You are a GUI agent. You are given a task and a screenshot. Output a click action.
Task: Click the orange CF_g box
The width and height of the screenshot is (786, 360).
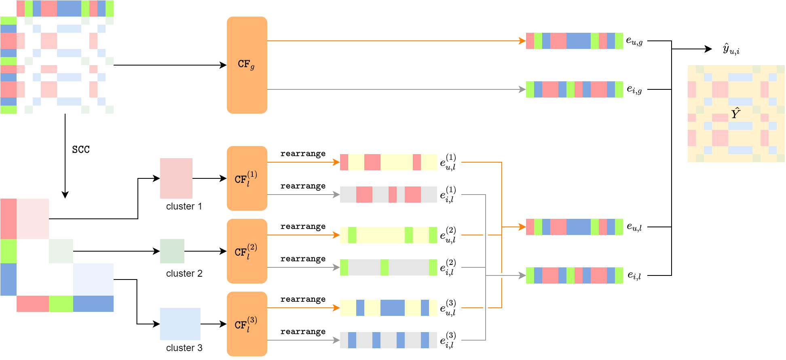tap(247, 65)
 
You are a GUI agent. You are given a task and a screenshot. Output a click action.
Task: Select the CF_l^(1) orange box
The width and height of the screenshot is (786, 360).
tap(247, 178)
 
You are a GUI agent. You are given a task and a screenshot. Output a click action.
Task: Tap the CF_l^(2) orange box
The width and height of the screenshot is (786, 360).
tap(247, 251)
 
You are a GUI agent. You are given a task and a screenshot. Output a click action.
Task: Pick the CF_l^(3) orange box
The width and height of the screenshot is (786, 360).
tap(247, 324)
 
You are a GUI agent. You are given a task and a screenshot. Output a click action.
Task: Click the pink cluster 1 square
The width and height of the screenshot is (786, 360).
tap(176, 178)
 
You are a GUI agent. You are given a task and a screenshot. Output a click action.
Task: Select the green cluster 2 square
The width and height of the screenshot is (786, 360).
tap(172, 251)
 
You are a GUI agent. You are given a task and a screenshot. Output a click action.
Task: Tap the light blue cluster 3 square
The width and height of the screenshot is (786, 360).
tap(180, 324)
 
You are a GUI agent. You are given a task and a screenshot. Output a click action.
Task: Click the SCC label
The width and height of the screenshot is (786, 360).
tap(81, 150)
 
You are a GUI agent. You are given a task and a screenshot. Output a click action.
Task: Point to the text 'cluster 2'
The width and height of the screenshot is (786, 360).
tap(184, 273)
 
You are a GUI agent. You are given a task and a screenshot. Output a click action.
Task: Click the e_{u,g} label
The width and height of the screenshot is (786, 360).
tap(634, 41)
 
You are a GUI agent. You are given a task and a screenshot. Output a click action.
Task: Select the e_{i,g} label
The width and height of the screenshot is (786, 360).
tap(634, 89)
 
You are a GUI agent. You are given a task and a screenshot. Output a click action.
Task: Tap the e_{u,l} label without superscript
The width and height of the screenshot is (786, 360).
tap(634, 227)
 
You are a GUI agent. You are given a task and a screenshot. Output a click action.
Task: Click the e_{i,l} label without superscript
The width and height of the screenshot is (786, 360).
tap(634, 275)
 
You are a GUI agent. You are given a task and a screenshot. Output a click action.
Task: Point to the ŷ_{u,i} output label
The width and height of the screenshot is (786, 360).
tap(731, 49)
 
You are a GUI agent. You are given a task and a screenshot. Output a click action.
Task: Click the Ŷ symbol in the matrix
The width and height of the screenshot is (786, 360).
tap(735, 113)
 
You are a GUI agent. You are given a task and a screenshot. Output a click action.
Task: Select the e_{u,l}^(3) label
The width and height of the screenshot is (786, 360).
tap(448, 308)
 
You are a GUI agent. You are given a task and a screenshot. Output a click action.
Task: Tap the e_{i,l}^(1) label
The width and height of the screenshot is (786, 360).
tap(448, 195)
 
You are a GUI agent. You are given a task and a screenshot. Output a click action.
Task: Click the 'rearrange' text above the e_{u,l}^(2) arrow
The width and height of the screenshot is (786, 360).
tap(303, 227)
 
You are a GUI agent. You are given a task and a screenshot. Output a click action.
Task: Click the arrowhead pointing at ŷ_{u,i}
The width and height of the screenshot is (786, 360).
tap(708, 49)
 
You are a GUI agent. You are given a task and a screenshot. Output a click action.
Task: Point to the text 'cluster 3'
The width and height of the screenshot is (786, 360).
tap(184, 348)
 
